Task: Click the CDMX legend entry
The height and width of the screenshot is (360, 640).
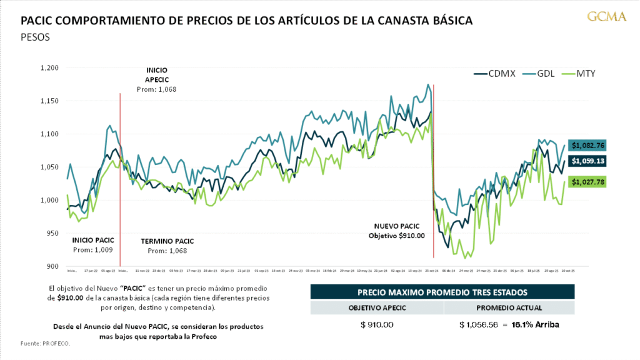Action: tap(495, 74)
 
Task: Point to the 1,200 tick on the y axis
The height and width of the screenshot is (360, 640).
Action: tap(48, 67)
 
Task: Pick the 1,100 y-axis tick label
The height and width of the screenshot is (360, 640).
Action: tap(48, 134)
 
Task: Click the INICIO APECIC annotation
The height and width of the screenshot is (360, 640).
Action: tap(156, 79)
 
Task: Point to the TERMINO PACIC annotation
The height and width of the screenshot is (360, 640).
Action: tap(167, 246)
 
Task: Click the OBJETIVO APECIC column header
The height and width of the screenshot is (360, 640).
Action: tap(377, 307)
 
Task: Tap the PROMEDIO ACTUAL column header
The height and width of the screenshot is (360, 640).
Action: tap(509, 307)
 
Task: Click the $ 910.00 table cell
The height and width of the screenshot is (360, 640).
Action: tap(377, 325)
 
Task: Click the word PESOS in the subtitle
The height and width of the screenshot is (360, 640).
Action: tap(35, 37)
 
